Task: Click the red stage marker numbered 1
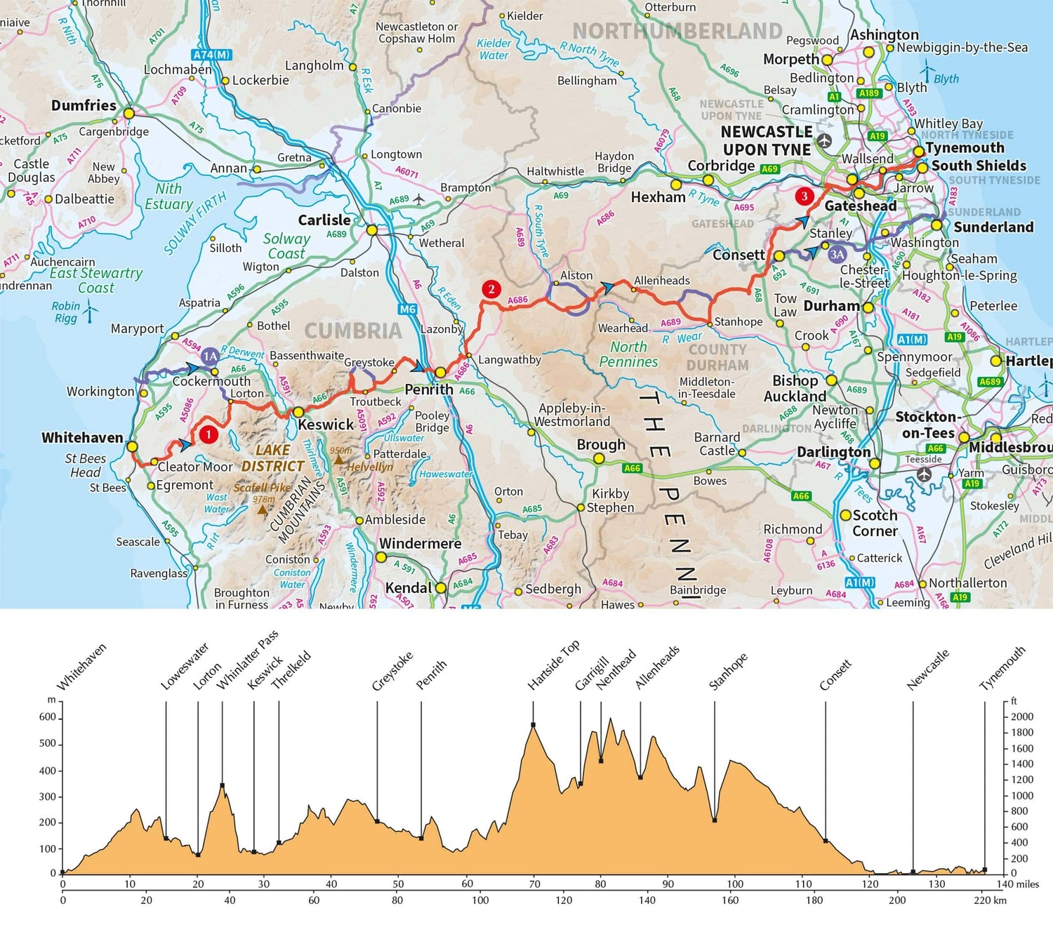point(208,435)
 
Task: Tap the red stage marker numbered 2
point(491,289)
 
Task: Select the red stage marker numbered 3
point(804,196)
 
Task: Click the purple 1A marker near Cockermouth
point(210,357)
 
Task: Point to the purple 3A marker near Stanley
point(837,254)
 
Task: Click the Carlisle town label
point(324,220)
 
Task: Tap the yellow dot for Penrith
point(440,372)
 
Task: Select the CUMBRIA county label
point(353,331)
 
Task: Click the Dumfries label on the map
point(84,105)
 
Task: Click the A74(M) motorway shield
point(211,54)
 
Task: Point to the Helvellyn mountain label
point(370,467)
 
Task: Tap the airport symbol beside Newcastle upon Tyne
point(824,141)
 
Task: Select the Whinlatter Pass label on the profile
point(247,659)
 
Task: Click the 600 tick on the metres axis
point(48,717)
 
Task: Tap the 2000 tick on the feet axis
point(1022,717)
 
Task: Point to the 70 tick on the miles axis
point(535,884)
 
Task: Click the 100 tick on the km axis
point(480,900)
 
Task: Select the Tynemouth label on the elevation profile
point(1002,667)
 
